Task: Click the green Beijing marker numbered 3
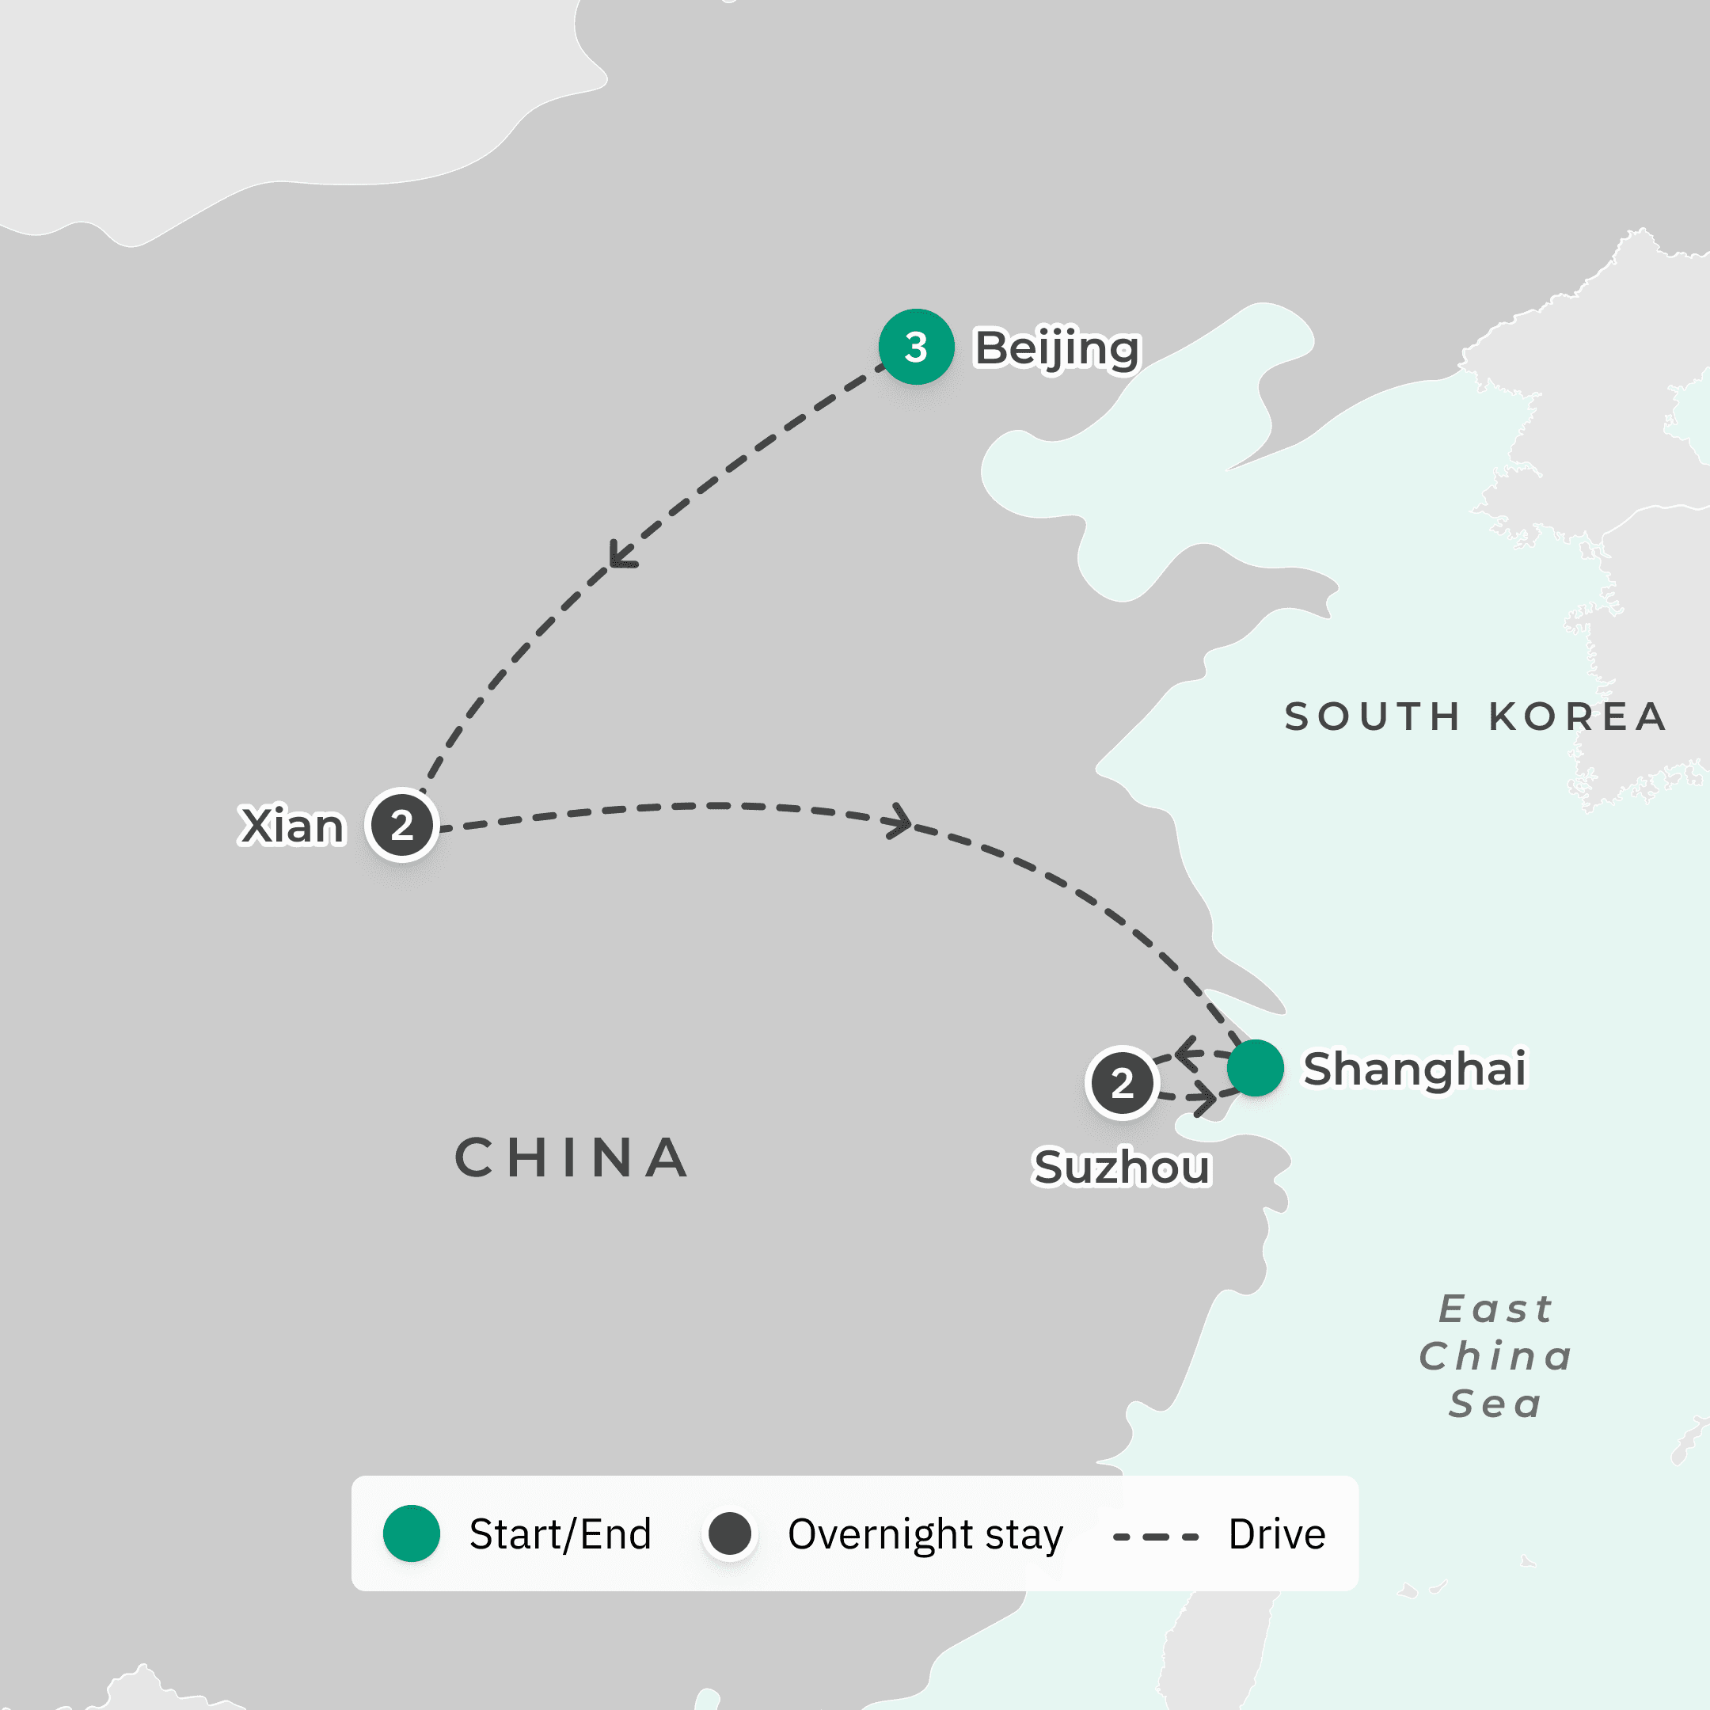(916, 347)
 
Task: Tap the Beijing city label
(1057, 348)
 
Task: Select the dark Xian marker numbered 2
(403, 825)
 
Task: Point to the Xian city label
(291, 826)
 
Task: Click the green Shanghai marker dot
(1255, 1068)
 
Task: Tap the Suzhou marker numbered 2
(1123, 1083)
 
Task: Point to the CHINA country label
(572, 1157)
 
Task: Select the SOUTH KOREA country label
(1476, 717)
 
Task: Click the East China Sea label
(1495, 1356)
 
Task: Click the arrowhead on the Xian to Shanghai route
(901, 820)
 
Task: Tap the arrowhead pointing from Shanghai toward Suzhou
(1187, 1053)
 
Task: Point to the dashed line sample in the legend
(1156, 1537)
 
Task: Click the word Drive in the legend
(1276, 1534)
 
